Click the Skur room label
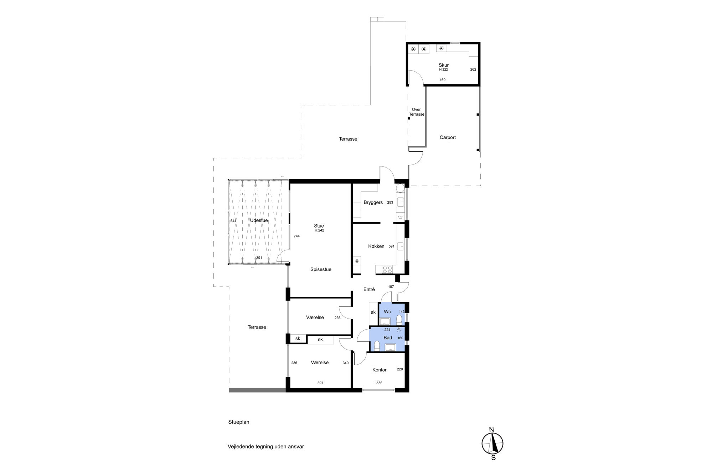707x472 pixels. [x=444, y=65]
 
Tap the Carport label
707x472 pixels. [x=448, y=137]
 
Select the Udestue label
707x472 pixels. [x=259, y=220]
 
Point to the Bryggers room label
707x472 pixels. [x=373, y=203]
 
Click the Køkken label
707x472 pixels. [x=376, y=246]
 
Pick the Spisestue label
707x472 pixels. [x=321, y=269]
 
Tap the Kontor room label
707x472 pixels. [x=380, y=370]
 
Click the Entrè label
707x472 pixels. [x=369, y=289]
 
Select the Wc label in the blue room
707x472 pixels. [x=387, y=312]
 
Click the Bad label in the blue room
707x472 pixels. [x=388, y=338]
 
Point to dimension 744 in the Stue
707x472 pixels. [x=296, y=236]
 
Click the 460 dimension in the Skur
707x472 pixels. [x=442, y=80]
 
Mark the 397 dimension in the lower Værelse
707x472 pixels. [x=320, y=383]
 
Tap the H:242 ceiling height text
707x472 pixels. [x=319, y=230]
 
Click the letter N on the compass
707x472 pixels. [x=491, y=430]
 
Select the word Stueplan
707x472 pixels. [x=239, y=422]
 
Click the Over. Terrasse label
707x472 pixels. [x=417, y=112]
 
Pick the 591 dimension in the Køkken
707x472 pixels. [x=392, y=246]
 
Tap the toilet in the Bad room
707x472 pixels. [x=377, y=345]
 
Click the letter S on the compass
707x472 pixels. [x=494, y=458]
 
